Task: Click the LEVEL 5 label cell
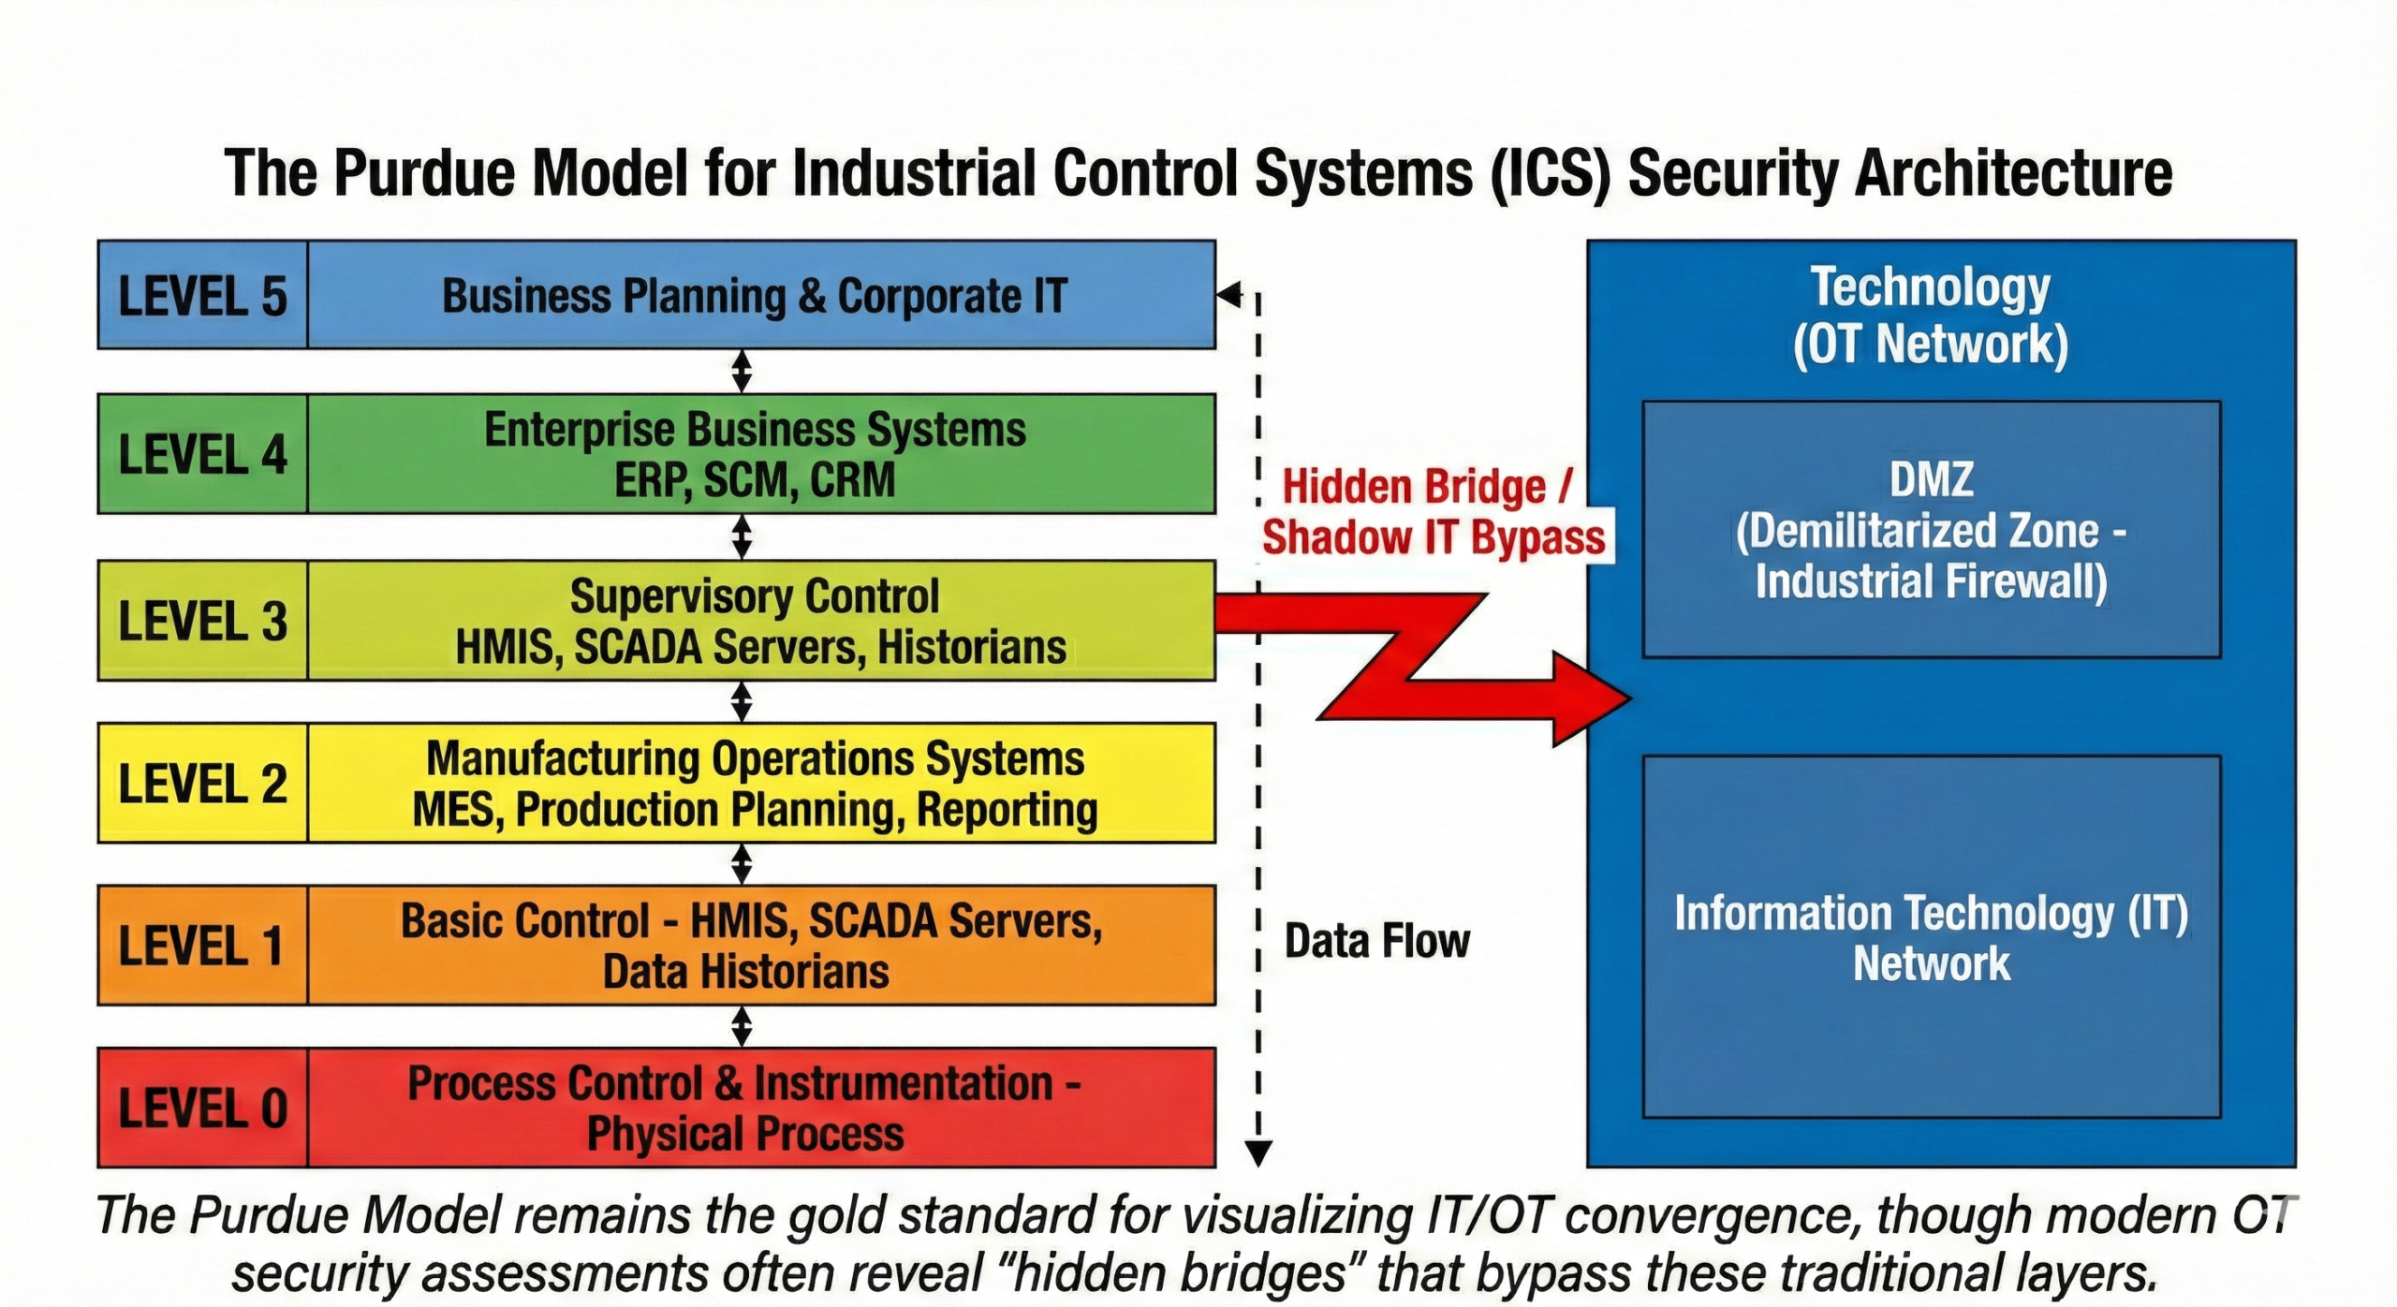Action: tap(202, 296)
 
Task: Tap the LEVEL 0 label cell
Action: tap(202, 1108)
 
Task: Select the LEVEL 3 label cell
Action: tap(202, 621)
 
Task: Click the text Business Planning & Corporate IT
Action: tap(754, 296)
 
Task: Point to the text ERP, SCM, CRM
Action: tap(755, 480)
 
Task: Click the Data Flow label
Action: tap(1376, 941)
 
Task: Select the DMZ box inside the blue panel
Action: tap(1931, 530)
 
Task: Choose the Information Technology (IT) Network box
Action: tap(1931, 937)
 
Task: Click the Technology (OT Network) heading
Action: tap(1930, 316)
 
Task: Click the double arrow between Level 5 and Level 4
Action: tap(742, 371)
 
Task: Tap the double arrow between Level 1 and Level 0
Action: tap(742, 1026)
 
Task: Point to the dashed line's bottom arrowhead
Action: tap(1258, 1153)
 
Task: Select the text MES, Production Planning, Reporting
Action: tap(755, 810)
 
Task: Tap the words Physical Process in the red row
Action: tap(745, 1134)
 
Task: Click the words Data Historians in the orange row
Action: tap(745, 972)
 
